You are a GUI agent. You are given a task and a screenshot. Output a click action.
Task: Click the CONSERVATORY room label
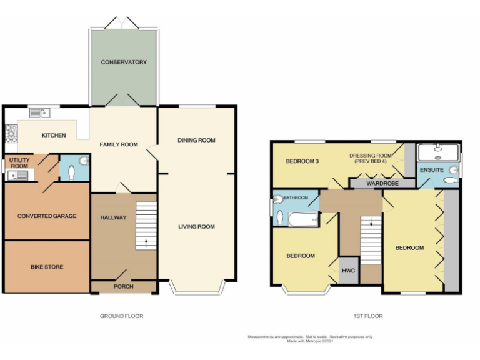click(124, 62)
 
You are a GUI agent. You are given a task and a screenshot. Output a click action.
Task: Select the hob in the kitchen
click(11, 132)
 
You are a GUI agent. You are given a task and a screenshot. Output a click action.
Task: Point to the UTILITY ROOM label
click(19, 162)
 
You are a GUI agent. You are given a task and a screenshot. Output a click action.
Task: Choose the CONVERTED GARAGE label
click(47, 216)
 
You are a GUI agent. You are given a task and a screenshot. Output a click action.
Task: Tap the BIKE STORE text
click(47, 267)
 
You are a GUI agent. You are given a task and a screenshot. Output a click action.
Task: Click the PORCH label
click(122, 287)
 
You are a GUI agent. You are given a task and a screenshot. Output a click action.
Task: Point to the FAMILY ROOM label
click(119, 144)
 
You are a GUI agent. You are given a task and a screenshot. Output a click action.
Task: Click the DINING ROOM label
click(196, 140)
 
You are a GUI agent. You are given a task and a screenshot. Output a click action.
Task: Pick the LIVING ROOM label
click(197, 227)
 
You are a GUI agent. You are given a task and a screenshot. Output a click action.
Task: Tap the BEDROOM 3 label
click(302, 161)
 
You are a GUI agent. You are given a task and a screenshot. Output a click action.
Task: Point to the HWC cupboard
click(348, 271)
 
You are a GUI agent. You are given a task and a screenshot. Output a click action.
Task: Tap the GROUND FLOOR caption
click(122, 316)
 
